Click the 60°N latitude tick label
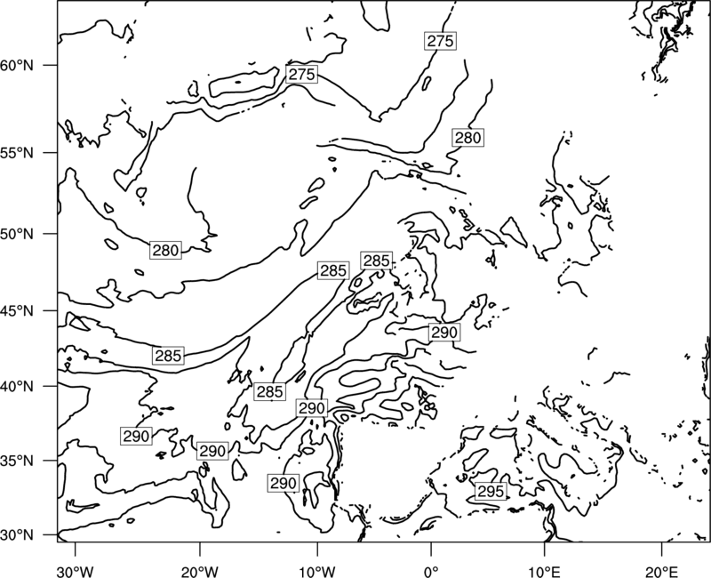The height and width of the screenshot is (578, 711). click(x=17, y=66)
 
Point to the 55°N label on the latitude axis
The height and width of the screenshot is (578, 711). click(x=17, y=153)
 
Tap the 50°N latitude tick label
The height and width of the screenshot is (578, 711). click(x=17, y=234)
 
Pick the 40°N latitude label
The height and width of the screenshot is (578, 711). click(x=17, y=387)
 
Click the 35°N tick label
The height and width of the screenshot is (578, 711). click(x=17, y=461)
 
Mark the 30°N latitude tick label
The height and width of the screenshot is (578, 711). click(x=17, y=535)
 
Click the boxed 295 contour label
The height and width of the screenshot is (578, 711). click(x=491, y=492)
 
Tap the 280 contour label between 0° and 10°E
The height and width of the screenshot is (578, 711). click(x=467, y=138)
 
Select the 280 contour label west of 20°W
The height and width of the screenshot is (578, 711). click(x=165, y=251)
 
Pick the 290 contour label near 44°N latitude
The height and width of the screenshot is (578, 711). click(x=444, y=333)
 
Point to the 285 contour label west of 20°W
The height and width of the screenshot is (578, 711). click(x=168, y=356)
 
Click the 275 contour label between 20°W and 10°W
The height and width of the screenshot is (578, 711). click(x=301, y=74)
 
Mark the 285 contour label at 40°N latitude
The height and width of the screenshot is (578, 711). click(x=270, y=391)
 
